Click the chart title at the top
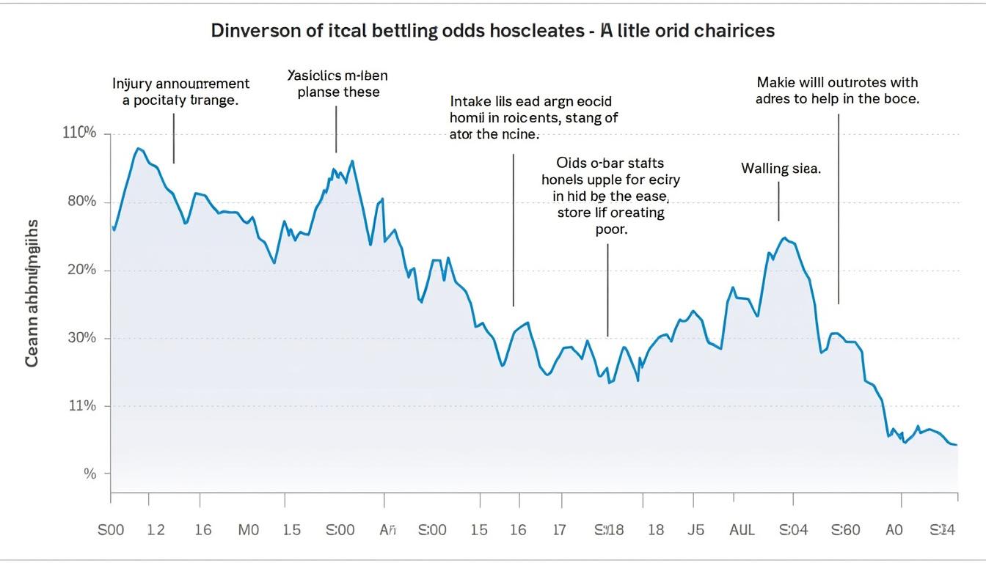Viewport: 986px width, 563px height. click(x=492, y=31)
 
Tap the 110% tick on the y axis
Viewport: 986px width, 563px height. click(x=80, y=133)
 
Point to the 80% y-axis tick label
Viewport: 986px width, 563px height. click(x=81, y=202)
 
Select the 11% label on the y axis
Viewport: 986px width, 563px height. click(x=81, y=405)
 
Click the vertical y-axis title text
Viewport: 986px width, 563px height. click(x=33, y=292)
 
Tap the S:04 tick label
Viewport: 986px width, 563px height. click(x=794, y=530)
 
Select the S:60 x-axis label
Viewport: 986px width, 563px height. click(x=844, y=530)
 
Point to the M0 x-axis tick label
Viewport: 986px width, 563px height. click(x=249, y=530)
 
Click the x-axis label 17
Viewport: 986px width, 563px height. click(x=559, y=530)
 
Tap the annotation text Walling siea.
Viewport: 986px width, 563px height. click(x=781, y=169)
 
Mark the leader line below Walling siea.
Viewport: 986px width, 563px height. click(x=778, y=202)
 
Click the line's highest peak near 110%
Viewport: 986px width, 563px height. click(x=137, y=148)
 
